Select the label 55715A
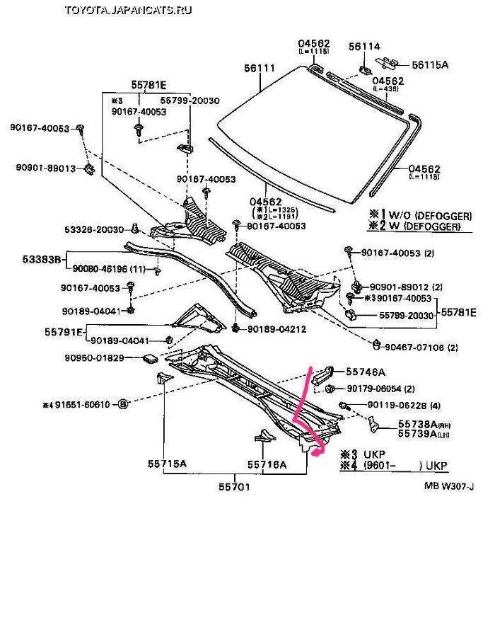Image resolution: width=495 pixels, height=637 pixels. pos(168,464)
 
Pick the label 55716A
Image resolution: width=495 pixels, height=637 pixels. pos(267,464)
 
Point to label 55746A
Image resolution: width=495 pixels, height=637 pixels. pos(366,372)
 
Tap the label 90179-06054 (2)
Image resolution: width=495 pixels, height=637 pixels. pos(381,389)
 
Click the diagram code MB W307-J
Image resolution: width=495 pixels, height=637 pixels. pos(450,486)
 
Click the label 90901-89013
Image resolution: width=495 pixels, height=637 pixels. pos(43,169)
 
